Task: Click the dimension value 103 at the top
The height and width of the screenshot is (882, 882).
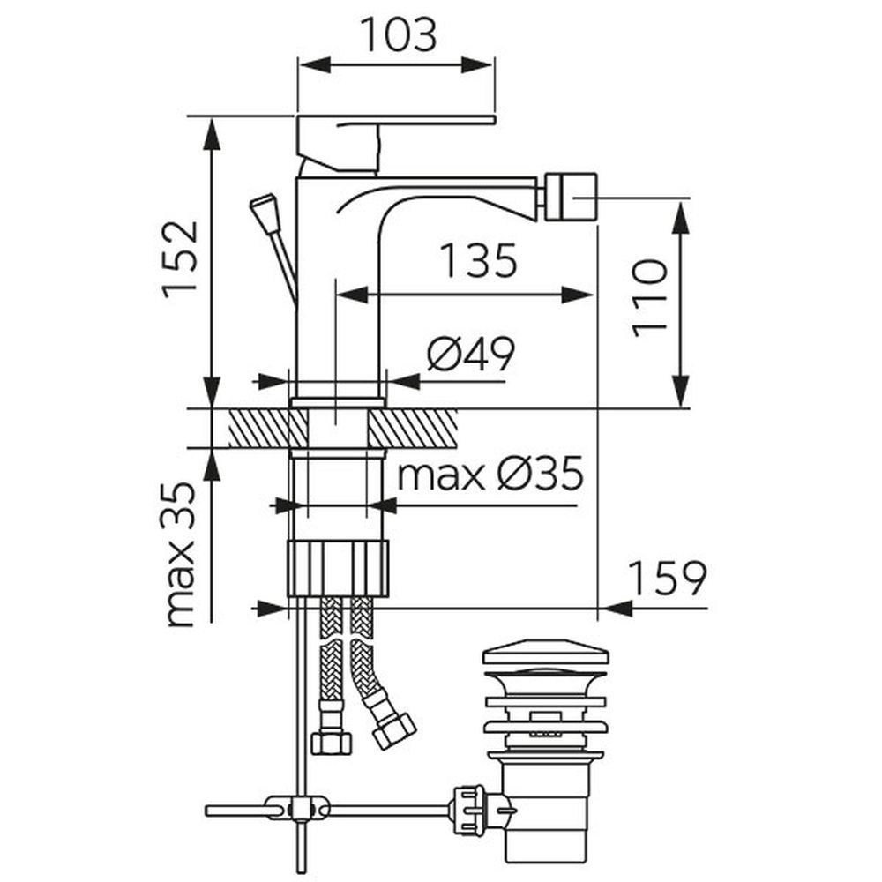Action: click(x=399, y=35)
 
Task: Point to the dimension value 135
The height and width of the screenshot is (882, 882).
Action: click(x=478, y=260)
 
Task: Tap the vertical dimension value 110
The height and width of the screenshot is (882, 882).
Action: click(x=649, y=298)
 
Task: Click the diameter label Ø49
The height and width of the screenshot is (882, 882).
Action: click(x=471, y=355)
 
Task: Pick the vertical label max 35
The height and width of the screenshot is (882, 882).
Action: click(x=181, y=554)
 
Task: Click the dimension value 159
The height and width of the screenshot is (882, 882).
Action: click(x=667, y=578)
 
